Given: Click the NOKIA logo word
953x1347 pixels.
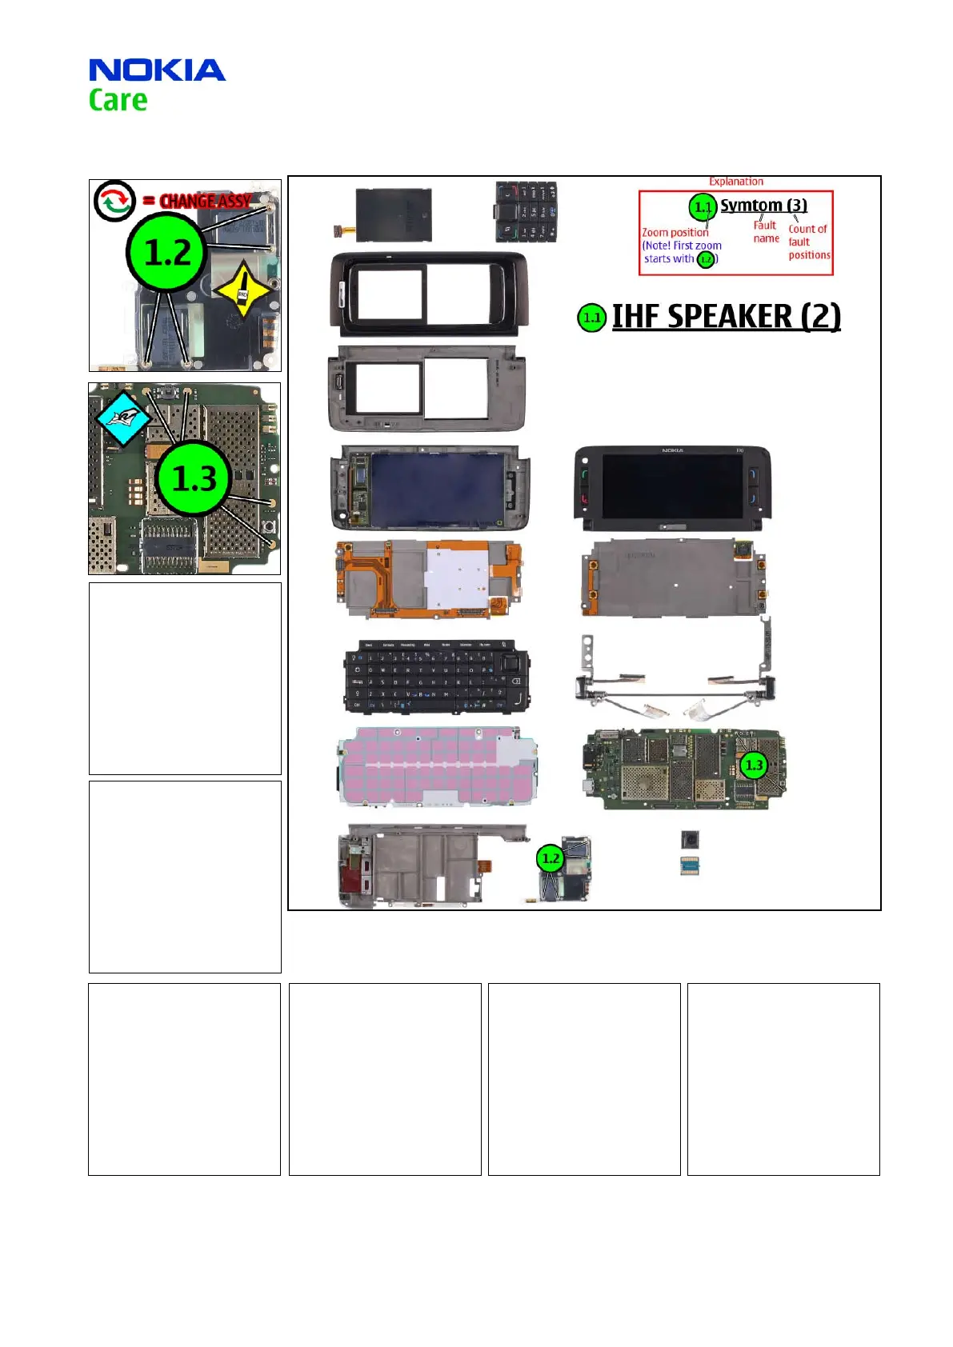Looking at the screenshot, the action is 157,70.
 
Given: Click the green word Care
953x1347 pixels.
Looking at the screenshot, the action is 118,101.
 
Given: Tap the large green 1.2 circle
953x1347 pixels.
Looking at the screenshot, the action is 167,253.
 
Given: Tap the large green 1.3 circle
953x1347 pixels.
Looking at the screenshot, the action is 194,478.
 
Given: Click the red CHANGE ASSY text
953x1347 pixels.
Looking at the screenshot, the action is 206,201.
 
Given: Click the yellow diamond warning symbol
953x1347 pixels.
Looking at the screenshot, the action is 242,292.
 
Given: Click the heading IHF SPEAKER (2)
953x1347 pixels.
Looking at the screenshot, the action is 726,317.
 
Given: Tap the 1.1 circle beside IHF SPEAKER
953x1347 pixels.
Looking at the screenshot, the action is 591,318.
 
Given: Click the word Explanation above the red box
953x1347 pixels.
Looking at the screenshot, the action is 736,182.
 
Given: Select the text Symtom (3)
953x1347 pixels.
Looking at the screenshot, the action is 763,206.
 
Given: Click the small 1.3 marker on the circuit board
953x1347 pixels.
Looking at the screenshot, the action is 754,765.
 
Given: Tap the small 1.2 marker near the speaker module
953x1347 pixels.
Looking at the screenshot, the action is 551,859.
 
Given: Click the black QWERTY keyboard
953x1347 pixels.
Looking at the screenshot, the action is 437,677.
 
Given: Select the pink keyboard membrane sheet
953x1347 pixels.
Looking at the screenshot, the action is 437,765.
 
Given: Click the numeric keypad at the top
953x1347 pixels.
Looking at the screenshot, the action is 526,212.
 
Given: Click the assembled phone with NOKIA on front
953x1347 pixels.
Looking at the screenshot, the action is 672,489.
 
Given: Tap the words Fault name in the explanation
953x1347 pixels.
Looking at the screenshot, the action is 766,232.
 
